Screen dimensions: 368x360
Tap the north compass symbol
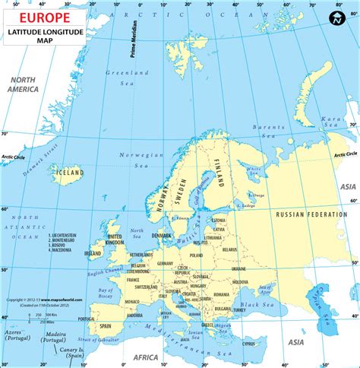coord(333,18)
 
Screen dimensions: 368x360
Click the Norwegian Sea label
coord(133,158)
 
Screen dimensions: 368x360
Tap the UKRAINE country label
coord(238,268)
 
